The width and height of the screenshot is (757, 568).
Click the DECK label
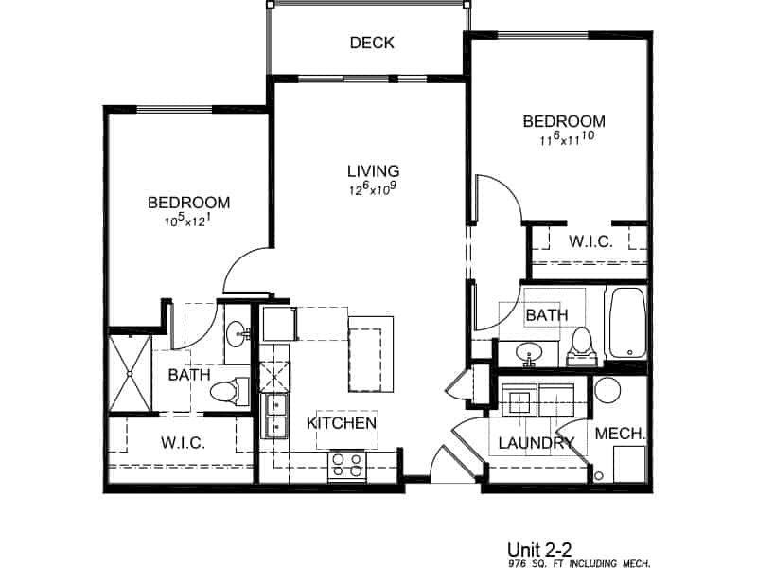pos(371,43)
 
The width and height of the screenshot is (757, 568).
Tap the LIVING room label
pos(373,171)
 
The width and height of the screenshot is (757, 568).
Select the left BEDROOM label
pos(189,203)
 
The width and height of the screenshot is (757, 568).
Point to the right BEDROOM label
pos(564,121)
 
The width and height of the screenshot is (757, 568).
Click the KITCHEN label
pos(342,423)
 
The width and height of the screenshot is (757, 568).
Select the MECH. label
pos(621,434)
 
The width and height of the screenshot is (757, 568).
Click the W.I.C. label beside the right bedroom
pos(590,241)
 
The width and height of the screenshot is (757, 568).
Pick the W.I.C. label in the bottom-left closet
pos(184,442)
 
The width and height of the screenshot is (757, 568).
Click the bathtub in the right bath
pos(625,323)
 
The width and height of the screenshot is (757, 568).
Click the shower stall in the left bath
pos(130,372)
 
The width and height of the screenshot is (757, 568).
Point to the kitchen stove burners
pos(347,464)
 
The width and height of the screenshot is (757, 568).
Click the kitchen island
pos(370,353)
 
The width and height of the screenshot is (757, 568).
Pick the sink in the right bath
pos(530,353)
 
